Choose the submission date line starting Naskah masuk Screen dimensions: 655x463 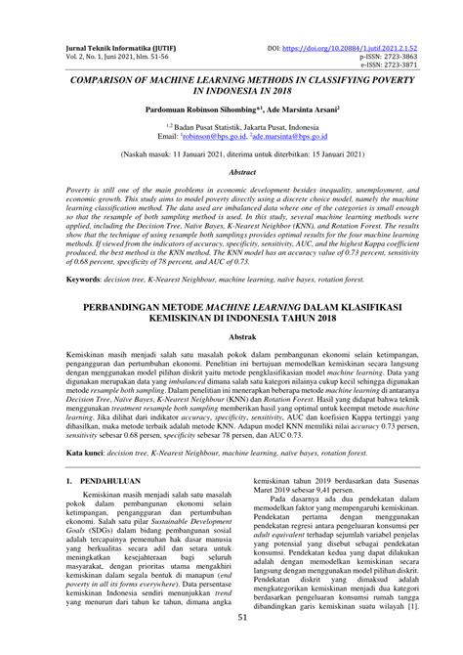(231, 154)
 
